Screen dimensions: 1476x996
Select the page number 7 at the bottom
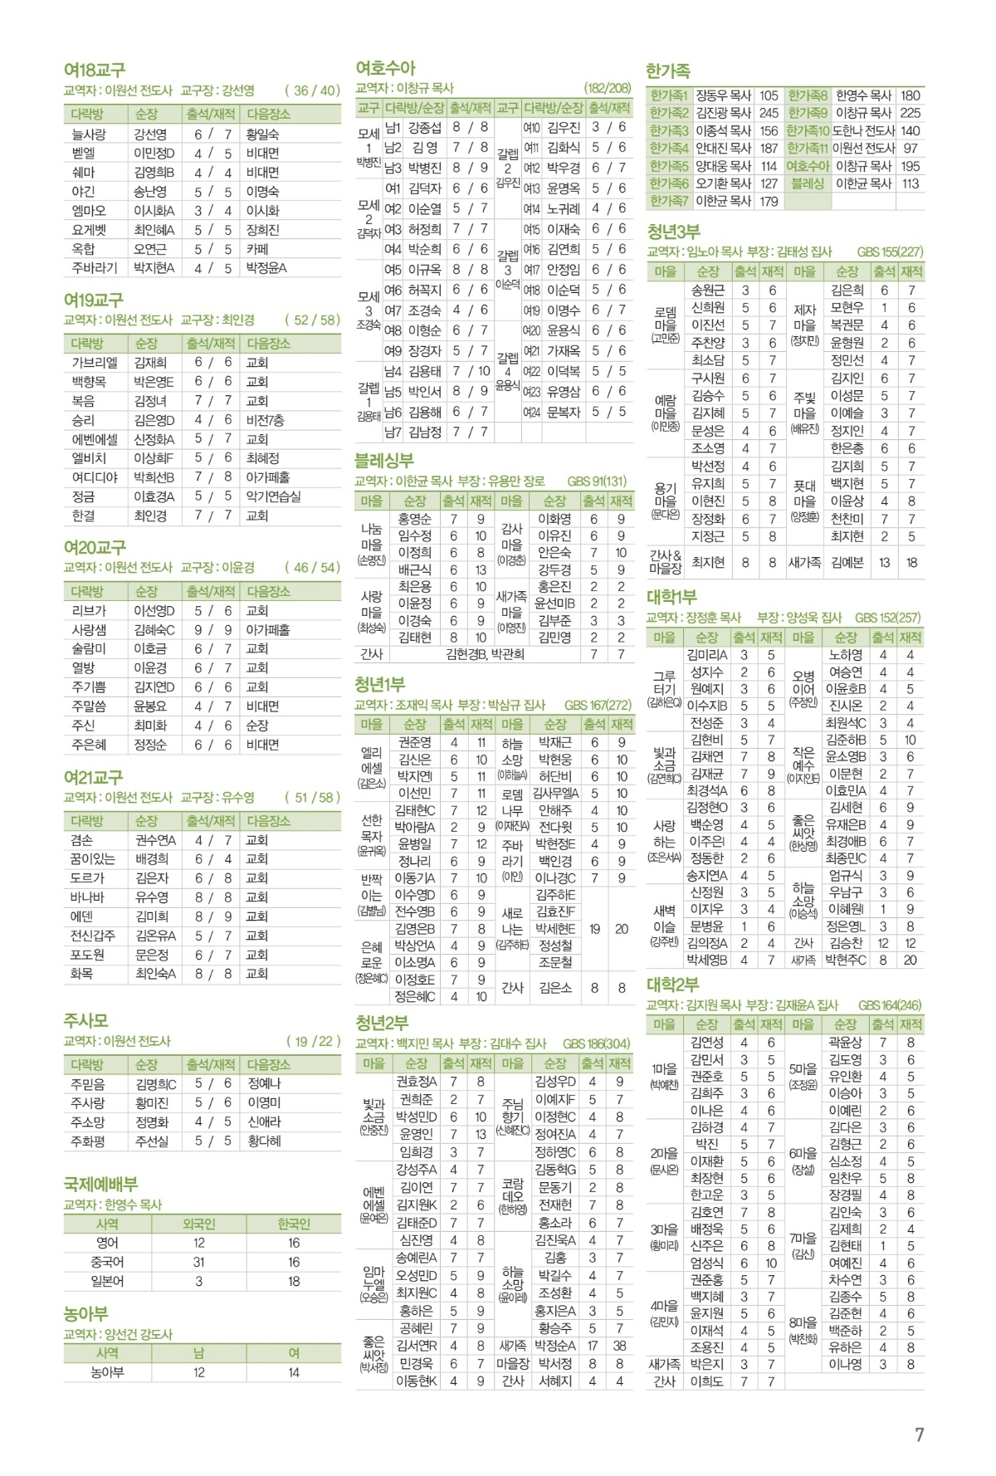point(919,1434)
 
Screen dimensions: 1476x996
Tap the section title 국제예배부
point(100,1184)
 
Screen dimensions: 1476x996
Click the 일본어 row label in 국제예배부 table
point(107,1281)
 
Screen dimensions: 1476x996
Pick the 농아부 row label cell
point(107,1372)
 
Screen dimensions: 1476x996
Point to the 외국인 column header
point(198,1224)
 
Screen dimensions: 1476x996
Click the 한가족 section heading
point(668,71)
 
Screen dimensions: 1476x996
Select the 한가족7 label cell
point(669,201)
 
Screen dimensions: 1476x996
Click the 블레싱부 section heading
point(384,460)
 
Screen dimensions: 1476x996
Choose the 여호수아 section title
point(385,68)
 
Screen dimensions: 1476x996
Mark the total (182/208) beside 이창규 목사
point(607,88)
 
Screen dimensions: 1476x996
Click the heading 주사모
point(85,1020)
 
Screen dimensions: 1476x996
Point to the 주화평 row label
point(88,1141)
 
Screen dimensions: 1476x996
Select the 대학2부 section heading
point(672,985)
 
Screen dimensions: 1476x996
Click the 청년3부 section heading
point(672,232)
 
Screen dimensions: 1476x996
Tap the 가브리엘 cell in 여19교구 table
point(95,363)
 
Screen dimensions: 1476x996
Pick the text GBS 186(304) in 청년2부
point(596,1043)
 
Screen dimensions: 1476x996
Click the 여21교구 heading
point(93,777)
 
